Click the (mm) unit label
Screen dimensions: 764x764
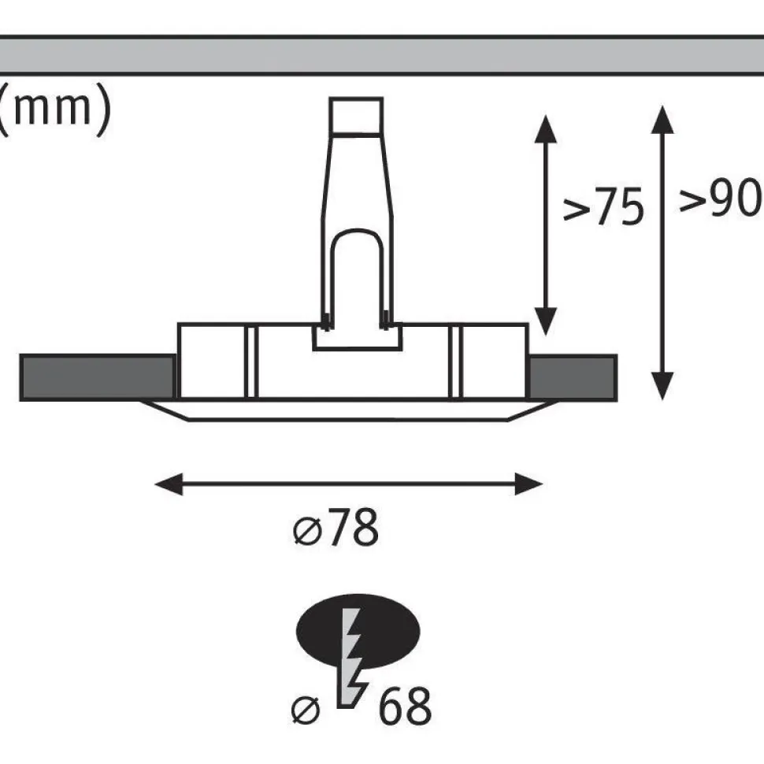(x=54, y=109)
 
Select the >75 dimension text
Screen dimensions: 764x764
(x=603, y=206)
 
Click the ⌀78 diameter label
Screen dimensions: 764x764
(x=336, y=527)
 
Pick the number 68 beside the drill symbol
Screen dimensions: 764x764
(x=405, y=706)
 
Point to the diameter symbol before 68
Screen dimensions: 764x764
(x=306, y=710)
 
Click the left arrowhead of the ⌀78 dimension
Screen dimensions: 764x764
(x=169, y=484)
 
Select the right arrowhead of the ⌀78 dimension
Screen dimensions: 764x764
(x=528, y=484)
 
